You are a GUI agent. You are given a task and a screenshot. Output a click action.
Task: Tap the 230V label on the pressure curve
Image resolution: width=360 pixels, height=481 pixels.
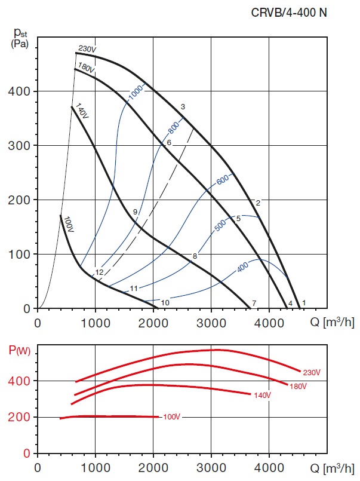tap(87, 49)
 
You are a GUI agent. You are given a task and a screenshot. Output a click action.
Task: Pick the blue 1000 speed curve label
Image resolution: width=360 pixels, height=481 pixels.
tap(137, 91)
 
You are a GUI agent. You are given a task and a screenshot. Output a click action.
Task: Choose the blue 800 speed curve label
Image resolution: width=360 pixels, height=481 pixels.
tap(174, 127)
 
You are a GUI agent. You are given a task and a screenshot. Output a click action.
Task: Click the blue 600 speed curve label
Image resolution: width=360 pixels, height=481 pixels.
tap(223, 179)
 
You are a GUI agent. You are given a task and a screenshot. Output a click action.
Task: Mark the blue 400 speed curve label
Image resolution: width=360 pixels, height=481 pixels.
tap(242, 268)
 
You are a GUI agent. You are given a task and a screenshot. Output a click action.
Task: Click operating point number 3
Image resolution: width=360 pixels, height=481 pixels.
tap(183, 106)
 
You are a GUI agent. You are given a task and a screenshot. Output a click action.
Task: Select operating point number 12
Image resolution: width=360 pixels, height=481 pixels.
tap(99, 272)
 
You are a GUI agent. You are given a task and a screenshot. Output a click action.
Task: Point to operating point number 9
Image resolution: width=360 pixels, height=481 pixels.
tap(136, 212)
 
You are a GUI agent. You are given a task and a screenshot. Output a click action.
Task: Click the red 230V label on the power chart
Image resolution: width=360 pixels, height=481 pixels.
tap(311, 372)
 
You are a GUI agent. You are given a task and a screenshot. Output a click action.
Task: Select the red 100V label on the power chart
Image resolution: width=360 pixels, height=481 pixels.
tap(171, 416)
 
